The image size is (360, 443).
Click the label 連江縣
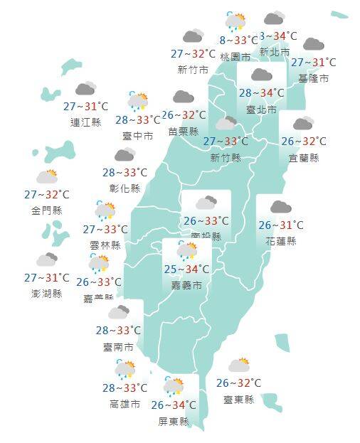point(86,122)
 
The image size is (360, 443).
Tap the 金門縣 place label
point(47,210)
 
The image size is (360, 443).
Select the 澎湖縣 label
point(47,293)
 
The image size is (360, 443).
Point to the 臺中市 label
point(137,136)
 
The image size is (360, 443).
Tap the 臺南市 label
point(118,347)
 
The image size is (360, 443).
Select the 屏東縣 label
point(174,421)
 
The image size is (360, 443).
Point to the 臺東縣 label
point(238,400)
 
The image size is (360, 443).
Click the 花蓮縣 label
point(281,240)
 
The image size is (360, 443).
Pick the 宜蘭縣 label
point(304,157)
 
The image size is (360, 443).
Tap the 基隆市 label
point(314,78)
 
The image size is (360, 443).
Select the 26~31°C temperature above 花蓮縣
point(281,225)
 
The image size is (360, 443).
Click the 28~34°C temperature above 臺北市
point(261,92)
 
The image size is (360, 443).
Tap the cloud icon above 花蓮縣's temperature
point(280,207)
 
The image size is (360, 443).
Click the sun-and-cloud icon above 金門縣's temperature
point(47,176)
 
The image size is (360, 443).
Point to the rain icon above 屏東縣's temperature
point(173,387)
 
